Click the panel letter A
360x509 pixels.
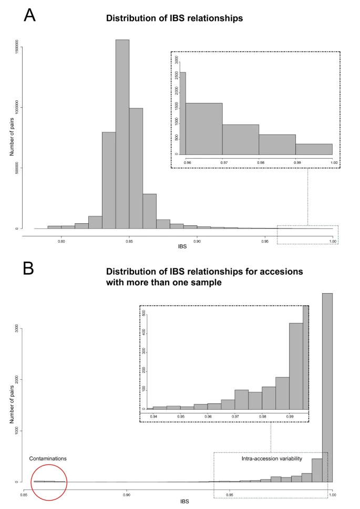[30, 15]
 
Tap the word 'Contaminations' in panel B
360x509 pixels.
[48, 459]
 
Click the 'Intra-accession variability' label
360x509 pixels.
[272, 459]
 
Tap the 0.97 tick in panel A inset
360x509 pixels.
[222, 162]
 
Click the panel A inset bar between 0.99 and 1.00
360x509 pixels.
[314, 149]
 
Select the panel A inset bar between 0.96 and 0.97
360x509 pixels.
[204, 129]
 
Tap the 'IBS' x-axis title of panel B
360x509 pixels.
[178, 501]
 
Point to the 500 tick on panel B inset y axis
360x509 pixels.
[143, 314]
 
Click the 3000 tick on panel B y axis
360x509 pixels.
[17, 329]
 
